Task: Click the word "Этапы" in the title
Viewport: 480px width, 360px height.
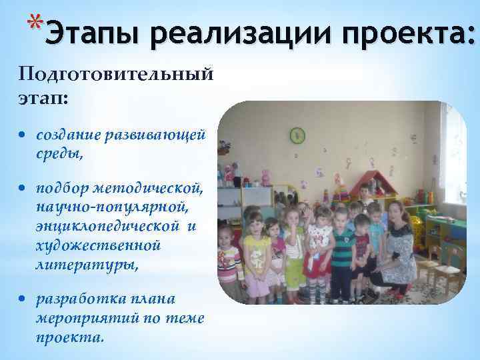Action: point(94,32)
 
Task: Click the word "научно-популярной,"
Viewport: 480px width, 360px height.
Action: point(109,207)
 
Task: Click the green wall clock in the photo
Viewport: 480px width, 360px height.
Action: point(297,136)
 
